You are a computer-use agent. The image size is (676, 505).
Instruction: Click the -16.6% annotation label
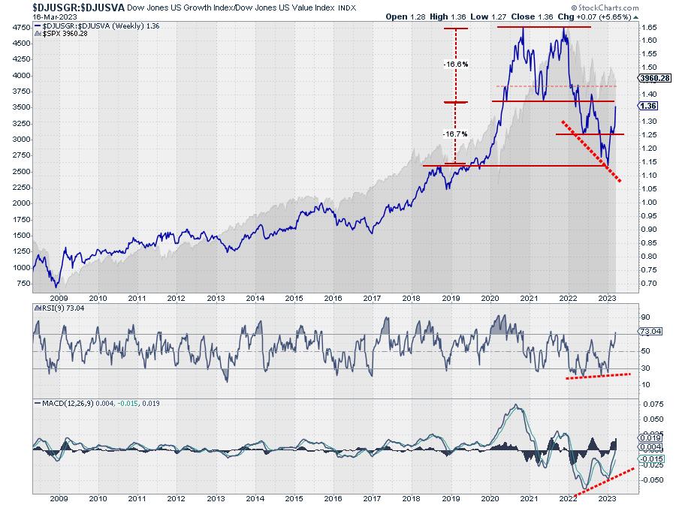[456, 65]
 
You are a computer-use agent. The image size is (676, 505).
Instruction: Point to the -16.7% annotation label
[456, 134]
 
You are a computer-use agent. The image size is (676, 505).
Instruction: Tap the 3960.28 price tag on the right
[654, 78]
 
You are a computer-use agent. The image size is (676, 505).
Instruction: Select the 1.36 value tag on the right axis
[650, 107]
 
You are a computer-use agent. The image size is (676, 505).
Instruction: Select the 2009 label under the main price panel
[59, 297]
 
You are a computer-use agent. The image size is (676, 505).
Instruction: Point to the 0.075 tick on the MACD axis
[653, 404]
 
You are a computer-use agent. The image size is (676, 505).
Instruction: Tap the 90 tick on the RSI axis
[645, 317]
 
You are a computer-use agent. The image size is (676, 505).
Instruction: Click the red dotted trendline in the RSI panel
[598, 375]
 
